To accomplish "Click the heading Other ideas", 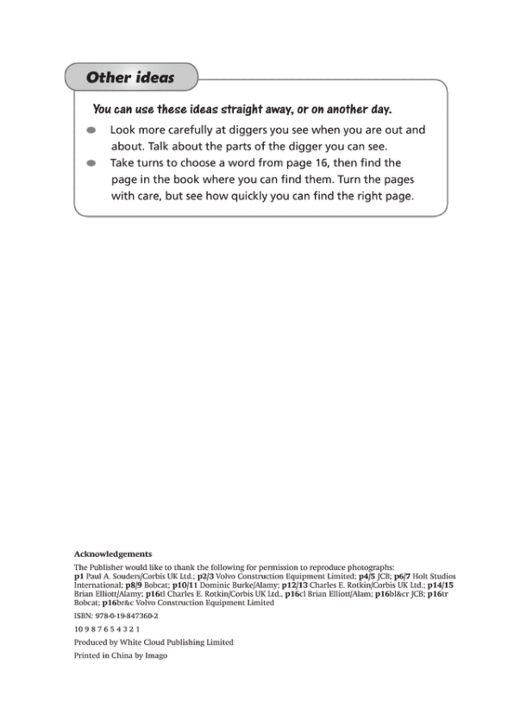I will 129,78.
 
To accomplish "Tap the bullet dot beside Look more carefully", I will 91,130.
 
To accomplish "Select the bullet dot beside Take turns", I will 91,162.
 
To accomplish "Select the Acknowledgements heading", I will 113,553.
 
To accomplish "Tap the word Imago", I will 155,655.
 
